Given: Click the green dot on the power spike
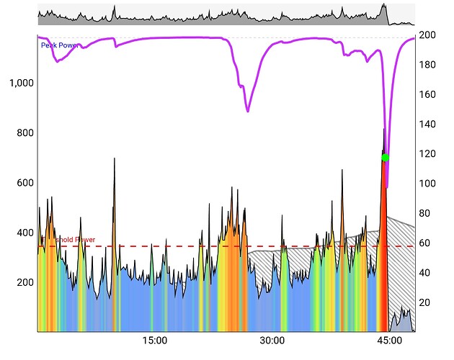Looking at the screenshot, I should (386, 158).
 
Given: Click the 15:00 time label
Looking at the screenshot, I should (155, 341).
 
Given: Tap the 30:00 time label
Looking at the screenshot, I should (272, 341).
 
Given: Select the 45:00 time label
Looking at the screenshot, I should (389, 341).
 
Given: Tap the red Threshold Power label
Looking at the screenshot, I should (72, 240).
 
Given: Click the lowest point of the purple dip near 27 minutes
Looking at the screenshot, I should (248, 111).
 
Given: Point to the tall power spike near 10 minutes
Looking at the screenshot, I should (114, 160).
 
